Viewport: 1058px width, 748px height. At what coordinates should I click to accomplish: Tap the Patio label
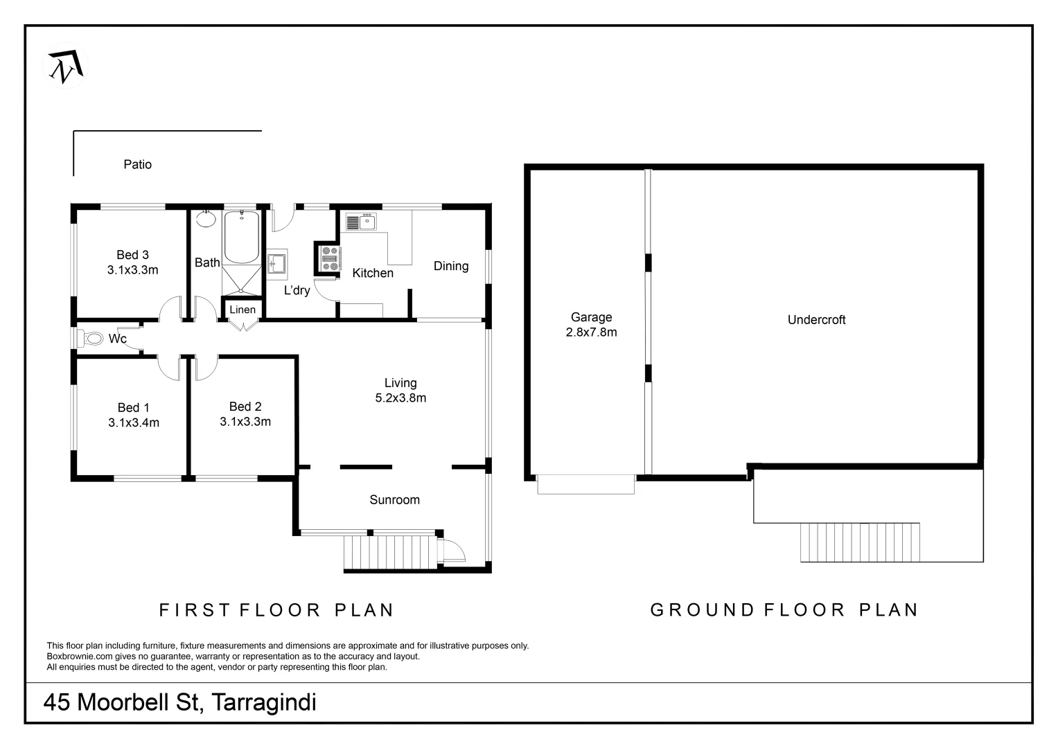tap(137, 164)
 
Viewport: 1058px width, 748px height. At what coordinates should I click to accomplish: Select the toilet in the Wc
tap(93, 339)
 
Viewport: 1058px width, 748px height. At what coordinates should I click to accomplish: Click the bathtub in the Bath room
tap(242, 238)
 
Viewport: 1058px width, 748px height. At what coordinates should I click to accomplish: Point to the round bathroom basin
tap(206, 220)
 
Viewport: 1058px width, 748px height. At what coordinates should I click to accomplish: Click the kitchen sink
tap(361, 222)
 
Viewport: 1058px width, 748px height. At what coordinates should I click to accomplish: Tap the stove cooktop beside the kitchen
tap(330, 258)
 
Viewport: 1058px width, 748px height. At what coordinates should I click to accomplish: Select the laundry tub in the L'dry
tap(277, 264)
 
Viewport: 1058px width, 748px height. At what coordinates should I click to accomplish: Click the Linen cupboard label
tap(243, 310)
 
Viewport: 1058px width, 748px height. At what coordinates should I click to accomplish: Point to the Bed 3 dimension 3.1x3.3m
tap(132, 270)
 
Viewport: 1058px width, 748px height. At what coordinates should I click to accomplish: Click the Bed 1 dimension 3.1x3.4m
tap(134, 422)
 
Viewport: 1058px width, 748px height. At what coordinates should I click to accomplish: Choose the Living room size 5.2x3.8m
tap(400, 398)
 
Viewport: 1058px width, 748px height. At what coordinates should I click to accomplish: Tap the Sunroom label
tap(394, 500)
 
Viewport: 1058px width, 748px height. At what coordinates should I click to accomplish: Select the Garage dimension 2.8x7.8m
tap(591, 332)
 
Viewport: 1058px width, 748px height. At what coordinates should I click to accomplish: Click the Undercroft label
tap(816, 320)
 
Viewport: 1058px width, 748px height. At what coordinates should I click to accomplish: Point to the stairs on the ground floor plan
tap(860, 542)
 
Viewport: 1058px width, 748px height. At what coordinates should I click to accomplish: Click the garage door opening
tap(585, 484)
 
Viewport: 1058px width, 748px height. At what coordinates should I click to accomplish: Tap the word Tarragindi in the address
tap(263, 702)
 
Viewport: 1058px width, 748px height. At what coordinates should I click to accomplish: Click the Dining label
tap(451, 266)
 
